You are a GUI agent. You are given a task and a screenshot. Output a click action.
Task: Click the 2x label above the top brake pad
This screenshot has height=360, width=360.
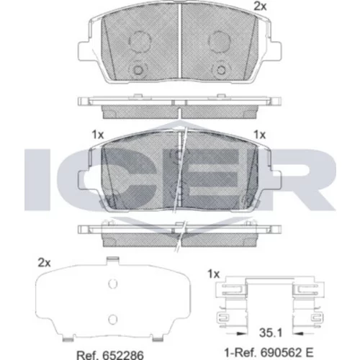pyautogui.click(x=260, y=6)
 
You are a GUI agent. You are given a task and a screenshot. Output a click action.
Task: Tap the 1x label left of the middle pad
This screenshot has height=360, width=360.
pyautogui.click(x=98, y=135)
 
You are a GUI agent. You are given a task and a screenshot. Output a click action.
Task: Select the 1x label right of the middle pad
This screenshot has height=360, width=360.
pyautogui.click(x=260, y=135)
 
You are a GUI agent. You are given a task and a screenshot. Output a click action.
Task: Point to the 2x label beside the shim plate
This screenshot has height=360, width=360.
pyautogui.click(x=44, y=263)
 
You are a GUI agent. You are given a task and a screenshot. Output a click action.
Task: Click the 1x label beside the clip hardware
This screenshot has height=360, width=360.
pyautogui.click(x=213, y=274)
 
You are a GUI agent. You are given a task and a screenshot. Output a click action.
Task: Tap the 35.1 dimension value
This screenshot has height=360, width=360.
pyautogui.click(x=271, y=333)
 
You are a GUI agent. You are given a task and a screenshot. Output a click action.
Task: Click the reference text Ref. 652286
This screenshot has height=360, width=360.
pyautogui.click(x=110, y=355)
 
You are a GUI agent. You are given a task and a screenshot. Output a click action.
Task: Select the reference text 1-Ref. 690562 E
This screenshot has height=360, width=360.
pyautogui.click(x=269, y=352)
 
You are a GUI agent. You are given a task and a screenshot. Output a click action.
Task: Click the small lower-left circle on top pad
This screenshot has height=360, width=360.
pyautogui.click(x=138, y=70)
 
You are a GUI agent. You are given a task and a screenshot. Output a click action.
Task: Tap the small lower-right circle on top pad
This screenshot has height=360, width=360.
pyautogui.click(x=221, y=70)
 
